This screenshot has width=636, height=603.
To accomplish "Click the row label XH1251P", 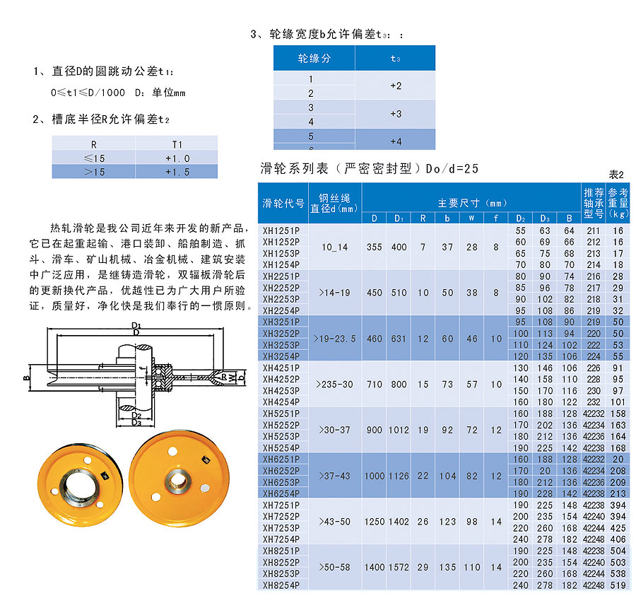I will click(x=281, y=230).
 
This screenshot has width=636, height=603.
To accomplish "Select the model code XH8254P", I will click(x=281, y=585).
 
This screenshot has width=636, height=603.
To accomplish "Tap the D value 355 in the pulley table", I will click(x=374, y=247).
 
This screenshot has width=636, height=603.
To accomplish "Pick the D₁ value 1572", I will click(x=399, y=568).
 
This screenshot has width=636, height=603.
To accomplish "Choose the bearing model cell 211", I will click(x=593, y=230).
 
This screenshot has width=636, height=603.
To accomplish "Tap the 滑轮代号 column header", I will click(x=283, y=204).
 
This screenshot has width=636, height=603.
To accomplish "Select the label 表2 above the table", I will click(x=616, y=175).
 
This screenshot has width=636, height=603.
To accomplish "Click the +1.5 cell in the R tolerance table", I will click(x=177, y=171).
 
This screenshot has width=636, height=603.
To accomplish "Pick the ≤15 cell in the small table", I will click(x=94, y=158).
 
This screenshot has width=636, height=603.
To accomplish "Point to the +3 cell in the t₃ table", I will click(x=396, y=114).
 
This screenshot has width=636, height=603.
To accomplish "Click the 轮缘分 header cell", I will click(x=314, y=58).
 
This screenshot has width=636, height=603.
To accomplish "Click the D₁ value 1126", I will click(x=399, y=476).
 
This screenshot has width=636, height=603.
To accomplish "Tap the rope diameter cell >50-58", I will click(x=335, y=568).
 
